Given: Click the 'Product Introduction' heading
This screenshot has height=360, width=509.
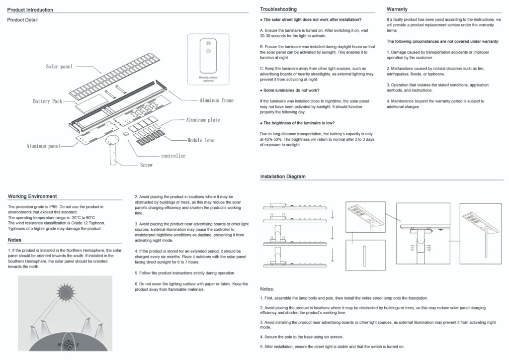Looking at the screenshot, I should tap(30, 10).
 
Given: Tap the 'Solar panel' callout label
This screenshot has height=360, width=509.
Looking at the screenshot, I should tap(59, 66).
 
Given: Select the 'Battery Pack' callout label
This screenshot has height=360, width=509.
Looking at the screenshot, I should tap(48, 101).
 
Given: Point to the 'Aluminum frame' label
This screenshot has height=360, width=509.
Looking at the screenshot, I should tap(216, 100).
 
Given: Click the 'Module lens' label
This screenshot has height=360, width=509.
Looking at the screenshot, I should tap(201, 141).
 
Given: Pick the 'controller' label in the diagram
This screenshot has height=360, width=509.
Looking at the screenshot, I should tap(173, 156).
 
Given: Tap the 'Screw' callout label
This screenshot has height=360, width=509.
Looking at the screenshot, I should tap(146, 165).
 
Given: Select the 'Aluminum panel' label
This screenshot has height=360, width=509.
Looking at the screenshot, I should tap(43, 146).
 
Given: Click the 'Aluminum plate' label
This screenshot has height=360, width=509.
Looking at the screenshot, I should tap(203, 120).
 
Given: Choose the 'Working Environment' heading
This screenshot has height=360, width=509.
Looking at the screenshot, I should tap(32, 196).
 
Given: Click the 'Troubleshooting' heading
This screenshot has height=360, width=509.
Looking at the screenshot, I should tap(278, 9).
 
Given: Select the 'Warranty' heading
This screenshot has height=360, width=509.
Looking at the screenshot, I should tap(397, 9).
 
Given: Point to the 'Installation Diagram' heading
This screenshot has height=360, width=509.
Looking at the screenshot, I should tap(283, 177).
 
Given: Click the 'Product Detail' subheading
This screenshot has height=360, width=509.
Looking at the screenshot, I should tap(22, 20).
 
